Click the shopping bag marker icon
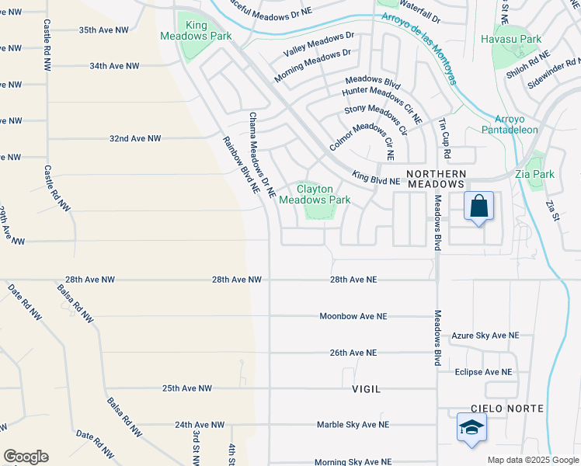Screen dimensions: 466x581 (479, 207)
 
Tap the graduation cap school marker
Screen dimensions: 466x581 (471, 428)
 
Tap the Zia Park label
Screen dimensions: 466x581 (534, 174)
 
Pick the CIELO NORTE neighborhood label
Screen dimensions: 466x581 (506, 409)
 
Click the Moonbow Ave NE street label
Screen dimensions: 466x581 (353, 316)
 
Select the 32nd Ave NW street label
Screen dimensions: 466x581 (134, 138)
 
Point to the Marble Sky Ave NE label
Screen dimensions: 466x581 (353, 425)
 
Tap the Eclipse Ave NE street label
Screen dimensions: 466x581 (483, 372)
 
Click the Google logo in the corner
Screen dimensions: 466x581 (26, 457)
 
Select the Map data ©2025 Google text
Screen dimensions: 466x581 (532, 460)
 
